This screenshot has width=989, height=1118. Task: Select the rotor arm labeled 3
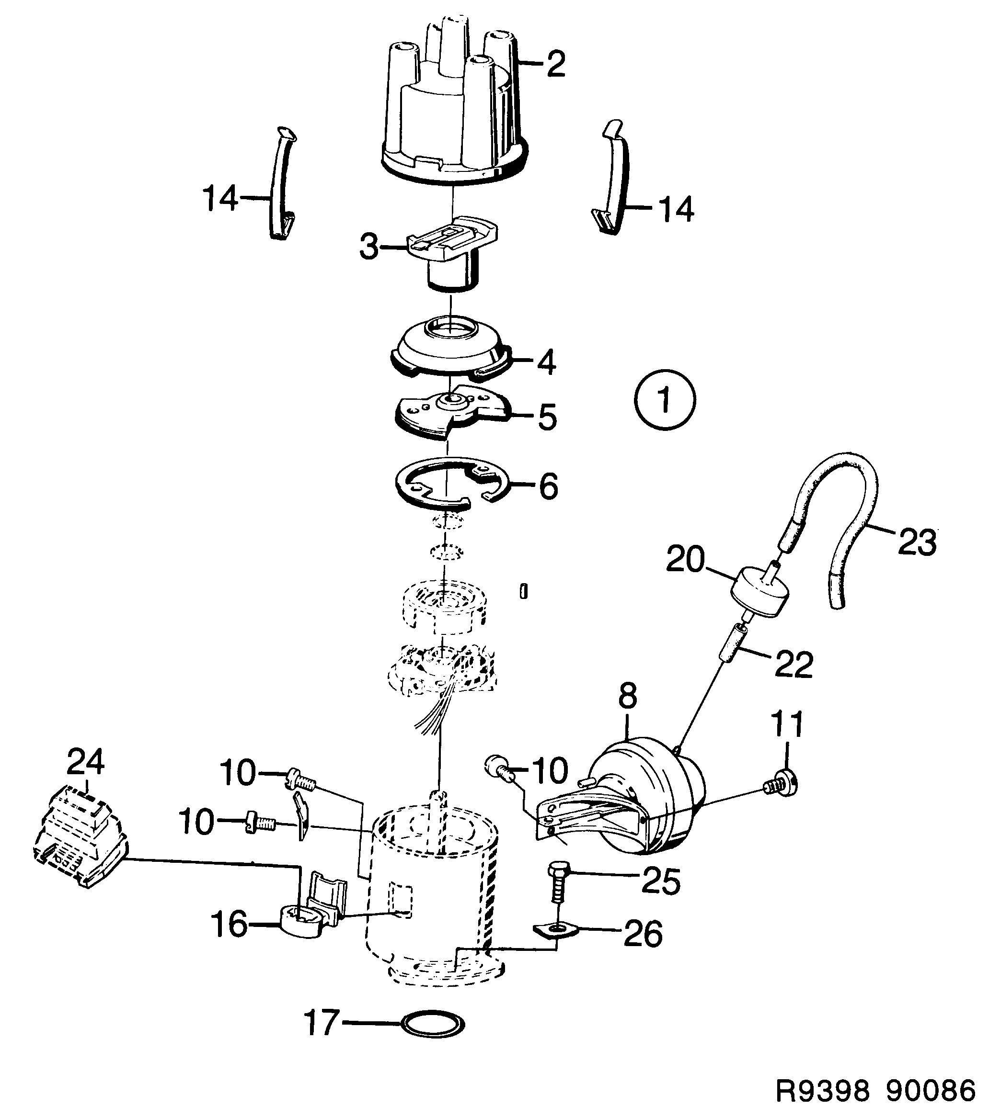click(x=451, y=246)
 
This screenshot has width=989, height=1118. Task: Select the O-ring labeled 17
click(x=433, y=1022)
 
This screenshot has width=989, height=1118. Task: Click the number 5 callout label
click(x=547, y=418)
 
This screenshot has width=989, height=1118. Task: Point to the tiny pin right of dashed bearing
click(x=524, y=591)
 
